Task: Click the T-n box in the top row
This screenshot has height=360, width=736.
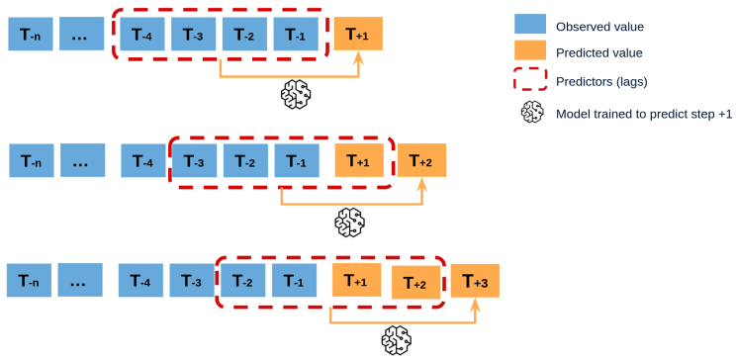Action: [31, 35]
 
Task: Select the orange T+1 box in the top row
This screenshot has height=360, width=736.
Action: [358, 35]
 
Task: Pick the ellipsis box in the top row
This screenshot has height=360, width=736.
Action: [81, 35]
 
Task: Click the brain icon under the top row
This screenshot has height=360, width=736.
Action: [295, 95]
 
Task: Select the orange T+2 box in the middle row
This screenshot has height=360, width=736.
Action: [422, 160]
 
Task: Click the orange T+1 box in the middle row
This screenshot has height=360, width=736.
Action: [359, 160]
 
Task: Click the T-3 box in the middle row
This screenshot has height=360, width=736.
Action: [196, 160]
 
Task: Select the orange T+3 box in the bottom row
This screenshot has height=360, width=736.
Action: [475, 281]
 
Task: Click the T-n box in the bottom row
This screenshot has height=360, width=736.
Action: [31, 281]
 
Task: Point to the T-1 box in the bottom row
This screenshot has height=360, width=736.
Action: [295, 281]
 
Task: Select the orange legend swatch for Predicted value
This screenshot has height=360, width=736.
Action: [531, 51]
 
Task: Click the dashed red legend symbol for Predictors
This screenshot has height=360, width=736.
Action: [531, 80]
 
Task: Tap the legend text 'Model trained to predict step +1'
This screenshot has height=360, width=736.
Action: [644, 114]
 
